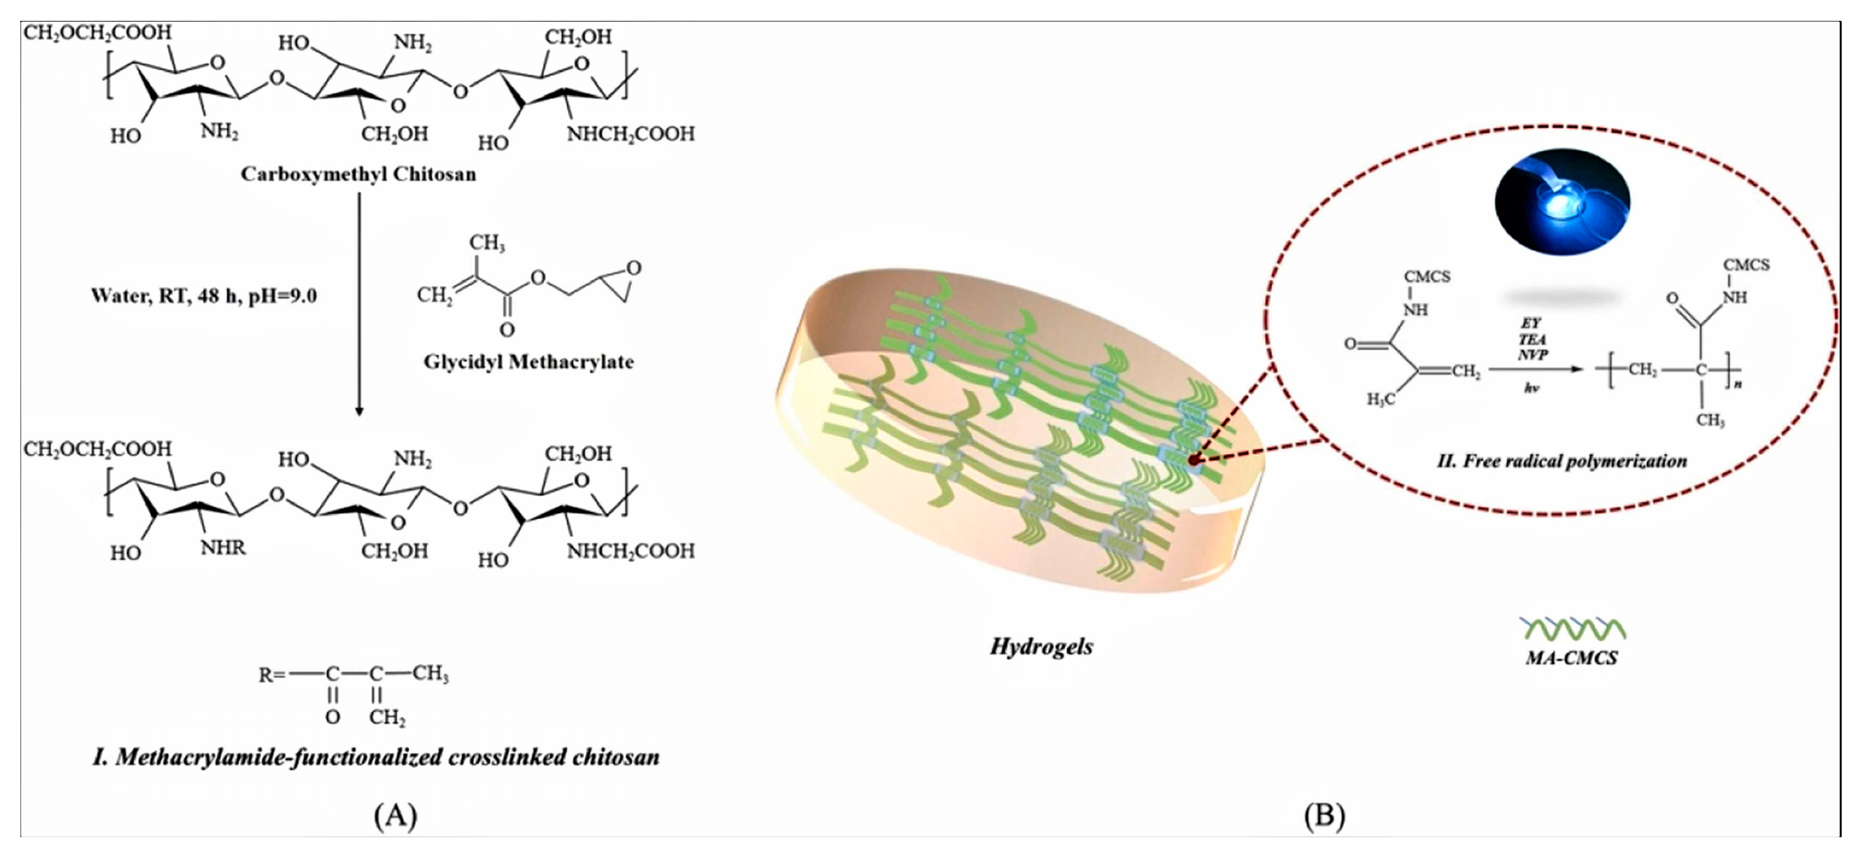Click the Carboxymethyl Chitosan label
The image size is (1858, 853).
pyautogui.click(x=359, y=174)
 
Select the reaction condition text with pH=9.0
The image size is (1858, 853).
pyautogui.click(x=204, y=296)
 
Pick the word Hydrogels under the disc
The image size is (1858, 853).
pyautogui.click(x=1041, y=646)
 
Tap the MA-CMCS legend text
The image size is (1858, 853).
pyautogui.click(x=1571, y=658)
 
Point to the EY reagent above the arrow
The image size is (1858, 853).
pyautogui.click(x=1531, y=323)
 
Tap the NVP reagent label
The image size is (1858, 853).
pyautogui.click(x=1532, y=354)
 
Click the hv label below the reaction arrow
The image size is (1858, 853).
pyautogui.click(x=1531, y=388)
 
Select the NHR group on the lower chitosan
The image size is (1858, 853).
pyautogui.click(x=223, y=548)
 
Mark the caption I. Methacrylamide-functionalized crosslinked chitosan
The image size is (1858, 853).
pyautogui.click(x=376, y=757)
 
